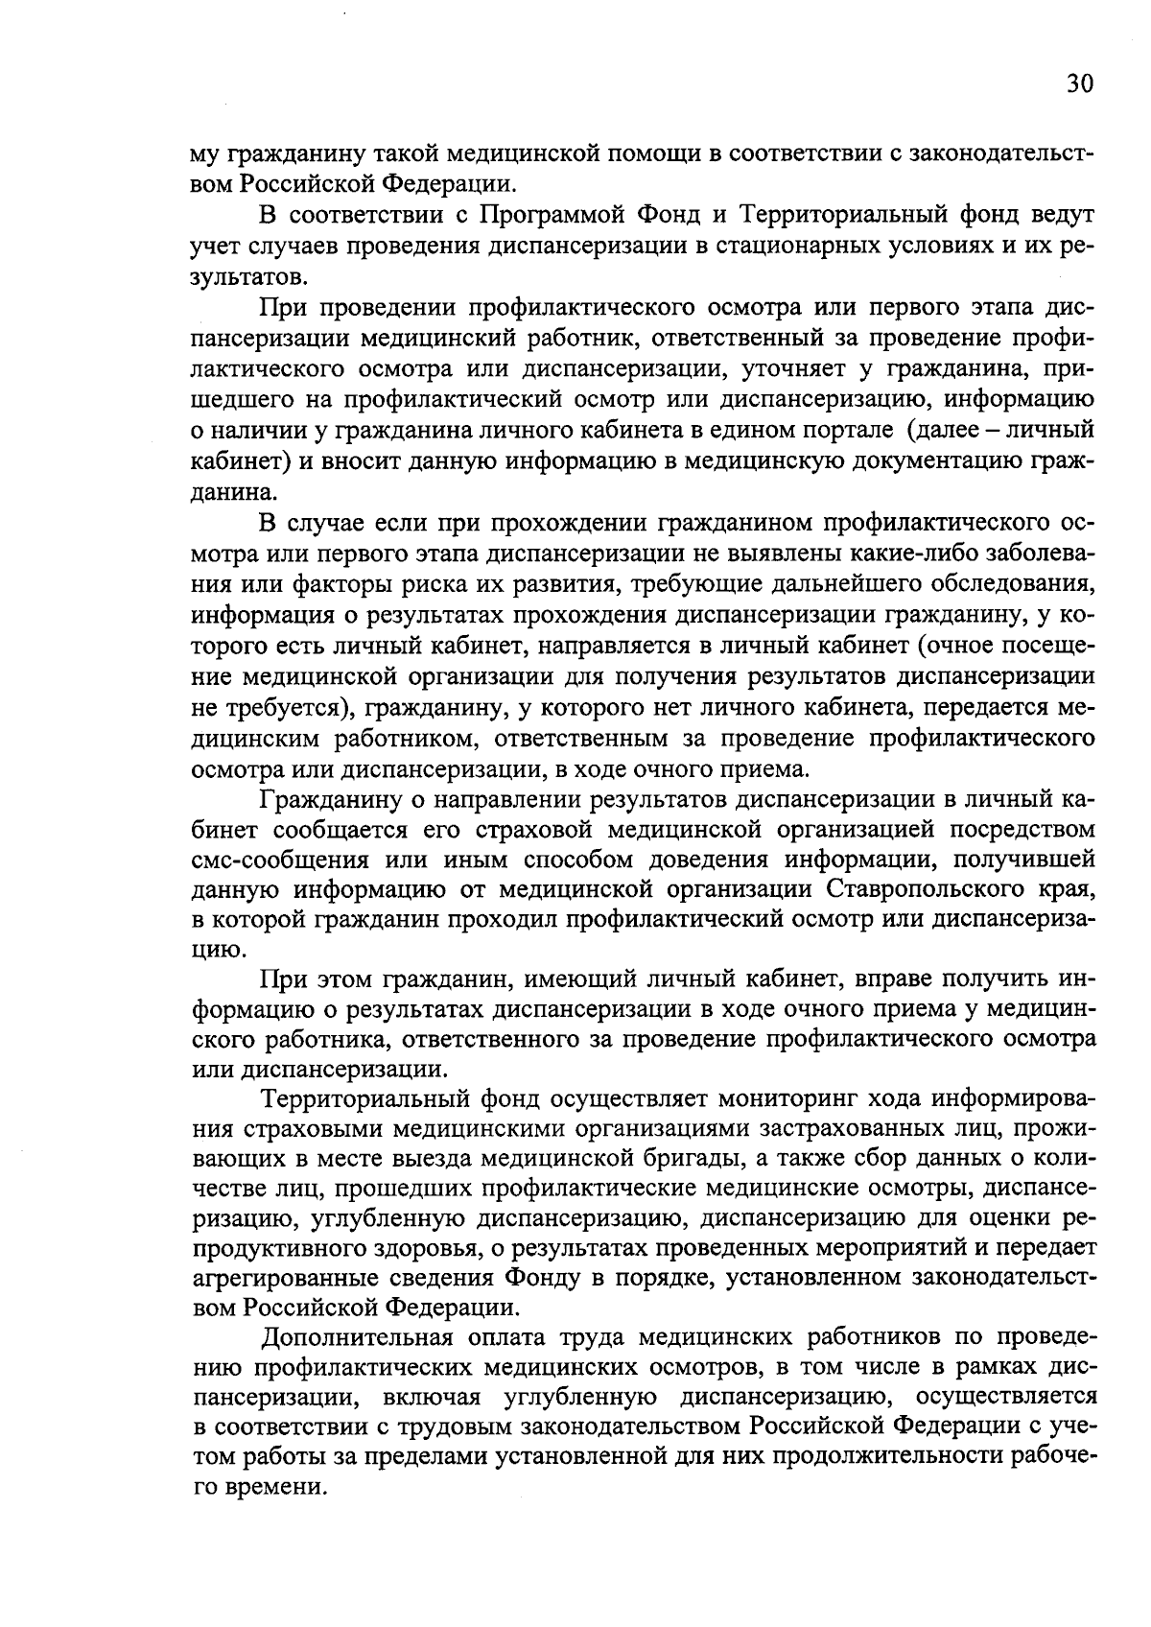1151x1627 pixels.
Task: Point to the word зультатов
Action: click(x=250, y=274)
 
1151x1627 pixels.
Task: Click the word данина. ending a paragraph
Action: click(x=239, y=493)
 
